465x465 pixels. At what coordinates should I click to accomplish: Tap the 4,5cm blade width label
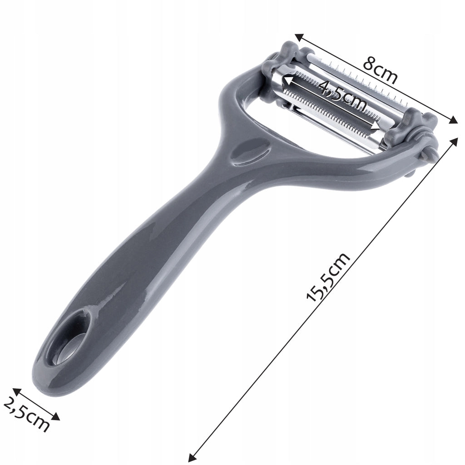pos(342,94)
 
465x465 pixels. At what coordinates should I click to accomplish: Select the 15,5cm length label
pos(328,277)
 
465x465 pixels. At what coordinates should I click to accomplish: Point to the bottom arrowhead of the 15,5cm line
pos(192,458)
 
